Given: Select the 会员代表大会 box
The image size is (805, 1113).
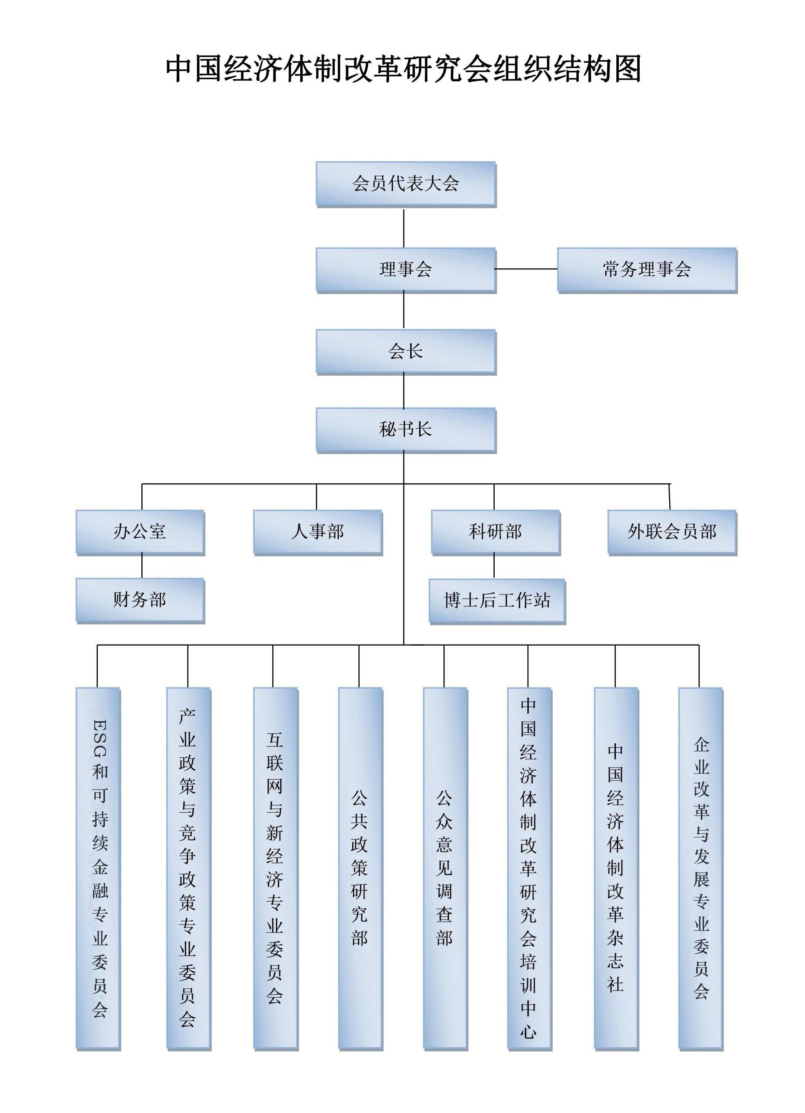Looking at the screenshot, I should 406,184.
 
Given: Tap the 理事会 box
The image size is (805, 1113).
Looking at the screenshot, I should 406,269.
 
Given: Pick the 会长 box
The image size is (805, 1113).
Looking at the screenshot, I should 406,351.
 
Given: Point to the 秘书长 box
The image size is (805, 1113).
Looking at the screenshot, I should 406,430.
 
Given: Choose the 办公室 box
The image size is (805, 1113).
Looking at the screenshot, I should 140,532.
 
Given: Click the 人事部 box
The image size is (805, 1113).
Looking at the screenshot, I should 317,532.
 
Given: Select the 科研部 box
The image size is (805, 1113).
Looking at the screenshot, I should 495,532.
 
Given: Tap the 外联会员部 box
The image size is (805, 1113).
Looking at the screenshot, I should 672,532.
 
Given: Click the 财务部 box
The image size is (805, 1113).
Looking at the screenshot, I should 140,600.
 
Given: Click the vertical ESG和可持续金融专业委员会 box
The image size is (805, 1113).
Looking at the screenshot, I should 98,869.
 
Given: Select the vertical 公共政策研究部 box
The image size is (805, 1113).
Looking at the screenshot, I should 360,869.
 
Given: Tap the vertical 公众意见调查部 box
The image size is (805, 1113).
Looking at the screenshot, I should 445,869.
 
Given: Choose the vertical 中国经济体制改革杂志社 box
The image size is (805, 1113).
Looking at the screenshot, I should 616,869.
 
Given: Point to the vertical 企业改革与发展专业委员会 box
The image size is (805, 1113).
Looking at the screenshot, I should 700,869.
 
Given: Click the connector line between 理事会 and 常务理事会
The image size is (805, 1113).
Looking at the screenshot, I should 526,269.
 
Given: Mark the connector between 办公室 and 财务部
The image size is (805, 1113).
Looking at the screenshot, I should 142,566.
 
